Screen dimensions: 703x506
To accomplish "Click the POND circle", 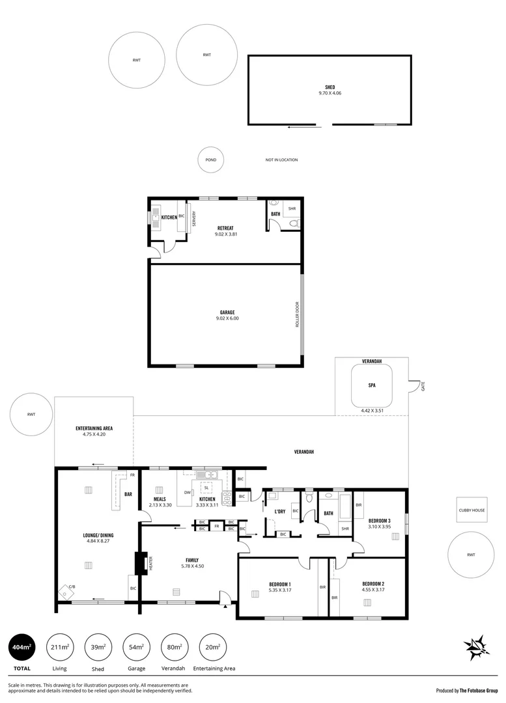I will (211, 159).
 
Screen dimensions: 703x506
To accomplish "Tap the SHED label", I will (330, 87).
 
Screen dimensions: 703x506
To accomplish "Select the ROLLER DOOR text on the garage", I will (296, 314).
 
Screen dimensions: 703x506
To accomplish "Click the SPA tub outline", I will (372, 385).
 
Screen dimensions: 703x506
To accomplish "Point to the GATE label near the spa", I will (423, 386).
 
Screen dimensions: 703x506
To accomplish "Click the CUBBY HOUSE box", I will (471, 510).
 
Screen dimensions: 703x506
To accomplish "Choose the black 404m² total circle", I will (22, 648).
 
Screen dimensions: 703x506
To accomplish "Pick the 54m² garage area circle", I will (136, 648).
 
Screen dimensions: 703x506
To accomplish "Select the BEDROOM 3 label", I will (379, 521).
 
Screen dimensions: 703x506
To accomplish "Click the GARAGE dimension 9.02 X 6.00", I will (227, 318).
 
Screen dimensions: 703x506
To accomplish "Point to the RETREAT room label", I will (225, 228).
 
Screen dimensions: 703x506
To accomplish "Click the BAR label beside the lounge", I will (128, 494).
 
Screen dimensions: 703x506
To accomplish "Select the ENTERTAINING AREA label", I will (94, 428).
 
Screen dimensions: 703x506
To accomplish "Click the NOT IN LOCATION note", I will (281, 159).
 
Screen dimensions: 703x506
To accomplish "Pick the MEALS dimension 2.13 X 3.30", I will (160, 504).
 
